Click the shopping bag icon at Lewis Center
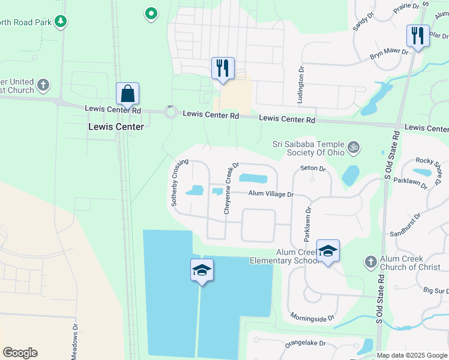pyautogui.click(x=127, y=94)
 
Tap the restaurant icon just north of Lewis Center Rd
pyautogui.click(x=223, y=68)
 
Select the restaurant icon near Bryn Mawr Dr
pyautogui.click(x=417, y=36)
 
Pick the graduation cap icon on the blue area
pyautogui.click(x=202, y=271)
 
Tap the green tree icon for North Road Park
pyautogui.click(x=60, y=22)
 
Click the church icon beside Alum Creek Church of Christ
pyautogui.click(x=370, y=262)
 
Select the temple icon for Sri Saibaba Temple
pyautogui.click(x=354, y=146)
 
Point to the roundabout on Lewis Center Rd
pyautogui.click(x=171, y=112)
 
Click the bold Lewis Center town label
pyautogui.click(x=116, y=127)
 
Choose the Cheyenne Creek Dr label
pyautogui.click(x=231, y=188)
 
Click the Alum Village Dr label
pyautogui.click(x=271, y=194)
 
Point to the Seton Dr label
pyautogui.click(x=312, y=169)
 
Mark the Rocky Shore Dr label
pyautogui.click(x=432, y=163)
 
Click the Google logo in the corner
pyautogui.click(x=20, y=353)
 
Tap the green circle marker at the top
pyautogui.click(x=151, y=13)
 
